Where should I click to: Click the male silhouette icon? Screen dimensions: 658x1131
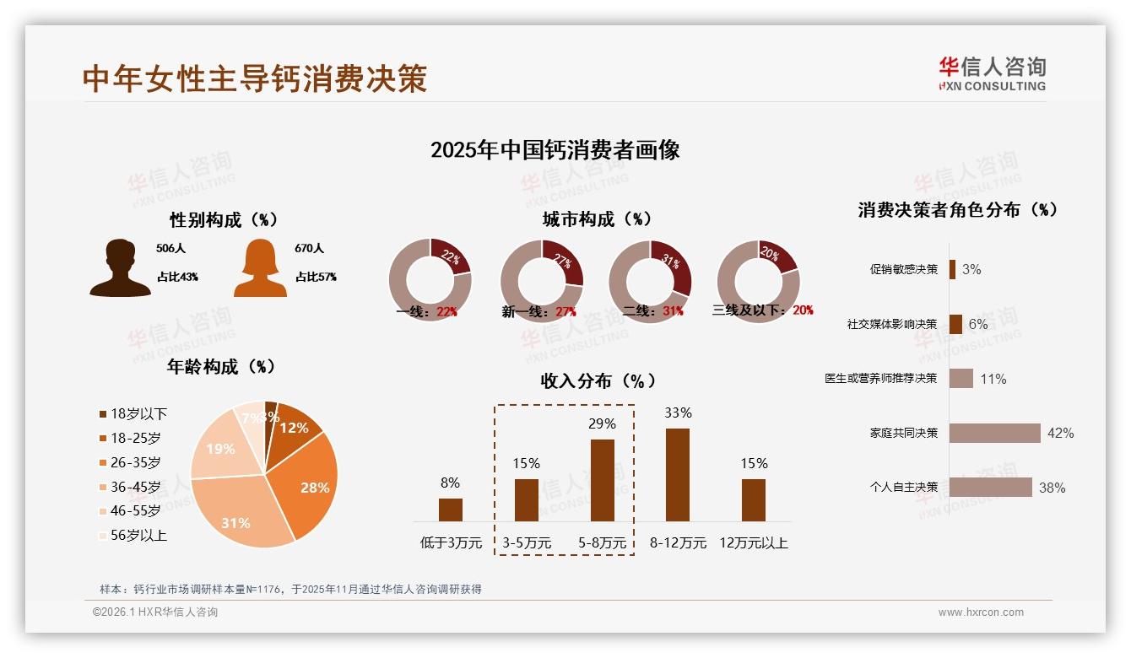coord(120,268)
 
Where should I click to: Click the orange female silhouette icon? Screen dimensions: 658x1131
coord(260,268)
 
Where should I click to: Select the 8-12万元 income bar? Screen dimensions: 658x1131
coord(678,475)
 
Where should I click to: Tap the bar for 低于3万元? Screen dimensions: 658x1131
coord(451,510)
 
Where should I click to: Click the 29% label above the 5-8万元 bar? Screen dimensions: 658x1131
coord(602,423)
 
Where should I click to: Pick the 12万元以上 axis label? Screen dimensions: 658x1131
coord(753,543)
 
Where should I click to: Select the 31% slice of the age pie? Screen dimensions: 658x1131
coord(241,515)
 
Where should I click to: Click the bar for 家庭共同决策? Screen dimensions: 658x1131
coord(994,433)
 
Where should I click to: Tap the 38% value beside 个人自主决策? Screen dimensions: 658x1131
coord(1052,488)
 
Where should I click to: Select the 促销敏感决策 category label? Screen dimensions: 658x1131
coord(903,269)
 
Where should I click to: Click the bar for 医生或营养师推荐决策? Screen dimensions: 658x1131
coord(961,379)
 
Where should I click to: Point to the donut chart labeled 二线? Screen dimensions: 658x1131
coord(650,280)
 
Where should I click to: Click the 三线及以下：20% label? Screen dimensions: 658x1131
coord(763,310)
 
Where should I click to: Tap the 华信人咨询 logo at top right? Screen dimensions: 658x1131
coord(992,73)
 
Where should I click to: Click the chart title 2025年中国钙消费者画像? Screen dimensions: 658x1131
coord(555,150)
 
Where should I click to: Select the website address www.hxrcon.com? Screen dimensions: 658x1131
coord(981,612)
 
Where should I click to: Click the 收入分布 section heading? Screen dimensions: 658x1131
coord(598,381)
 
